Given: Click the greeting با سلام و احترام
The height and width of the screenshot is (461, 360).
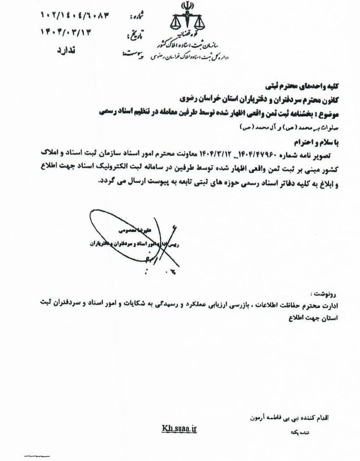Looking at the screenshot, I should pyautogui.click(x=322, y=141).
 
